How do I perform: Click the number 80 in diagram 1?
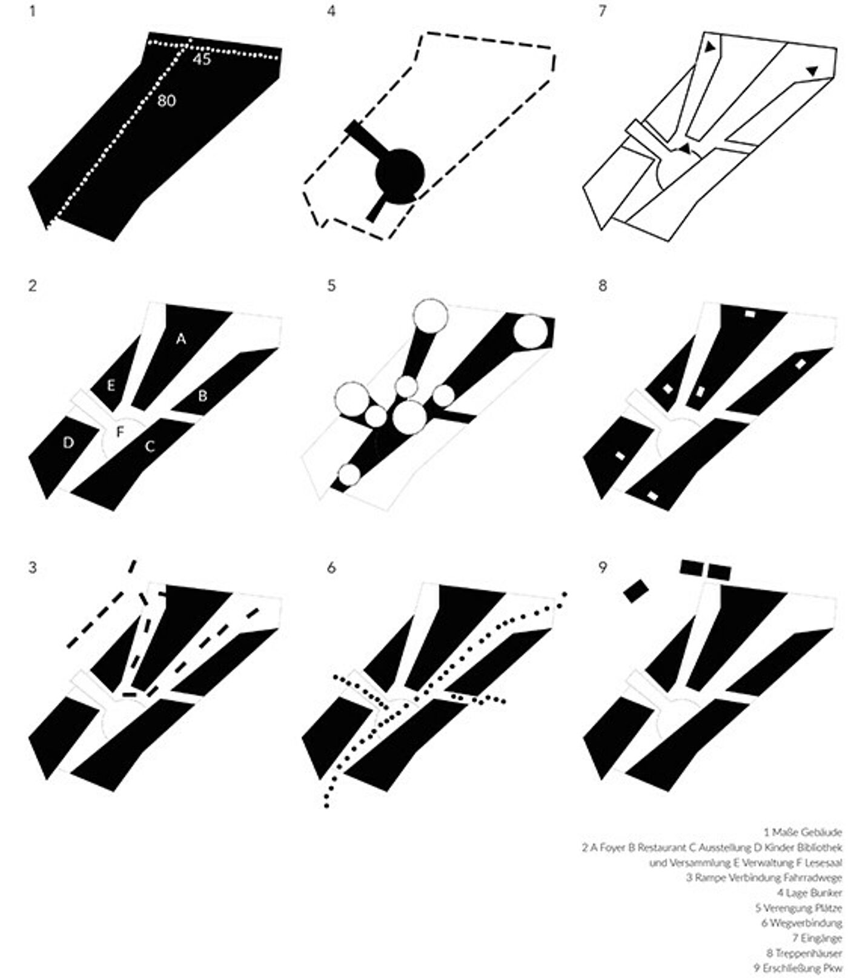click(166, 100)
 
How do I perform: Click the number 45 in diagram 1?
click(202, 59)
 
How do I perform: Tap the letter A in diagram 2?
click(181, 339)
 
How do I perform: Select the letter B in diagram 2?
click(203, 396)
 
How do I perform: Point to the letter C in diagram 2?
click(150, 446)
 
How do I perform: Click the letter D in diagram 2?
click(68, 443)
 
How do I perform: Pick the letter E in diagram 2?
click(111, 385)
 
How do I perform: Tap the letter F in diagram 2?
click(120, 432)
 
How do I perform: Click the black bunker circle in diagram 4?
click(398, 174)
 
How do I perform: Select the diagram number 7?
click(602, 12)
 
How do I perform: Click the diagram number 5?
click(331, 285)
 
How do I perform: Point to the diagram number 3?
click(33, 568)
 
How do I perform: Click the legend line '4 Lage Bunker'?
click(809, 893)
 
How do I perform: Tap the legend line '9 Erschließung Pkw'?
click(798, 968)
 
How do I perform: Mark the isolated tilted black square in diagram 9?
click(636, 590)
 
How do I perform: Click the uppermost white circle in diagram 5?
click(430, 316)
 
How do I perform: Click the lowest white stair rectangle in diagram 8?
click(652, 496)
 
